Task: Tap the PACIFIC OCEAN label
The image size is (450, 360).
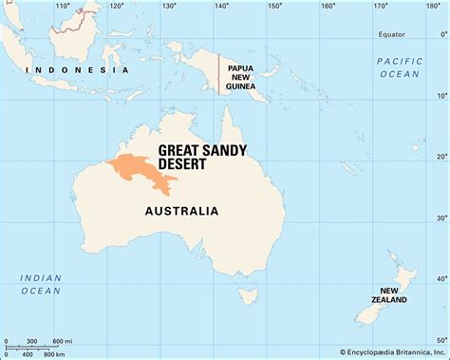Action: [x=399, y=67]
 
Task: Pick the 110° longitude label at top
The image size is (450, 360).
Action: [x=63, y=7]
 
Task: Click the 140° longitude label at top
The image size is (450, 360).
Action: [x=221, y=7]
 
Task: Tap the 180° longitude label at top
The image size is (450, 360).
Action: [x=433, y=7]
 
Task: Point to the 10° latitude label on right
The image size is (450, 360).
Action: [x=441, y=96]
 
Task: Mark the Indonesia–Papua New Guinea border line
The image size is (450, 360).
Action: [x=219, y=74]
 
